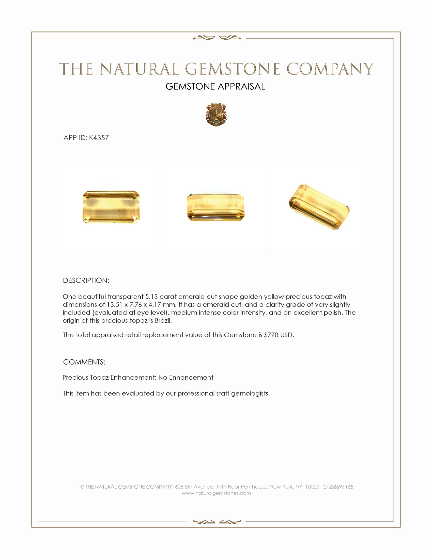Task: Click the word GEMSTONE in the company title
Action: pos(232,69)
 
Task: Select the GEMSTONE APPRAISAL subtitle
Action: pos(215,86)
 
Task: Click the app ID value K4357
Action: pos(99,138)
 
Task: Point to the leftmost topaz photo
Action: pos(111,207)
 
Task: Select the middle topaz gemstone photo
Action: pos(215,207)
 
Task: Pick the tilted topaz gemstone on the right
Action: pos(319,207)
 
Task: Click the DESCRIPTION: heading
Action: pos(86,281)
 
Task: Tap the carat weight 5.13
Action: pos(151,297)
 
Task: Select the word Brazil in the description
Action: pos(163,320)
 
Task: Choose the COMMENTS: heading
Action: pos(84,362)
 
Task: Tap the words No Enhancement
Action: pos(186,378)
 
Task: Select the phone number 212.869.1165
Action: pos(338,487)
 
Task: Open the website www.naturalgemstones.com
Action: pos(216,493)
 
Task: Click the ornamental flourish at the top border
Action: pos(217,38)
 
